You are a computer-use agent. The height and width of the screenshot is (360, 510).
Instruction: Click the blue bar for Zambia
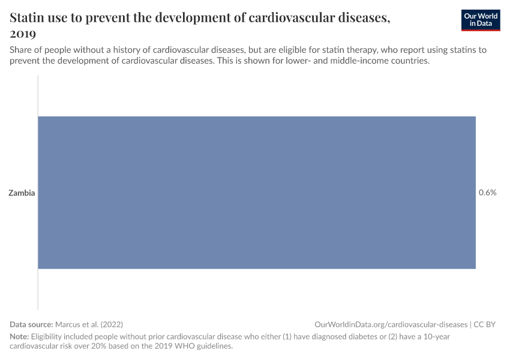257,193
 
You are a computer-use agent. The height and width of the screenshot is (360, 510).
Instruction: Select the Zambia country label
22,193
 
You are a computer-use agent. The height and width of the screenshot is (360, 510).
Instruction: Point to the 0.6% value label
488,193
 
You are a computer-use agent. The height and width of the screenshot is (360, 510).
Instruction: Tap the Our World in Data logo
481,20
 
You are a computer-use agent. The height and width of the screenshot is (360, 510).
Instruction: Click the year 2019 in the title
23,34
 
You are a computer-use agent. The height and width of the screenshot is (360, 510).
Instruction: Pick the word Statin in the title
26,17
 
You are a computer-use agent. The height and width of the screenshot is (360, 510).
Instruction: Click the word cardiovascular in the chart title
292,17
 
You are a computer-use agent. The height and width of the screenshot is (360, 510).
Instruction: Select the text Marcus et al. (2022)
89,324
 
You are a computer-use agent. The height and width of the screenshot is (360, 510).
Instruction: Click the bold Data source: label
31,324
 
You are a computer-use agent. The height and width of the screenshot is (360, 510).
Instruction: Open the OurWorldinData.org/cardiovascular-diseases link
391,324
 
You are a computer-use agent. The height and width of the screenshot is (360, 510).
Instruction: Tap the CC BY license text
485,324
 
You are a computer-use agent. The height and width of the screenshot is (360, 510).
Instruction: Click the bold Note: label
19,336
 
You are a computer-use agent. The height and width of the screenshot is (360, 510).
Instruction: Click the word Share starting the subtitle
21,50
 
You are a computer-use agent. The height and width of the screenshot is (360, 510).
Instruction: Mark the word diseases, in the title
364,17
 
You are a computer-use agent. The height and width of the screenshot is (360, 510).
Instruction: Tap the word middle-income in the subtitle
354,61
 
